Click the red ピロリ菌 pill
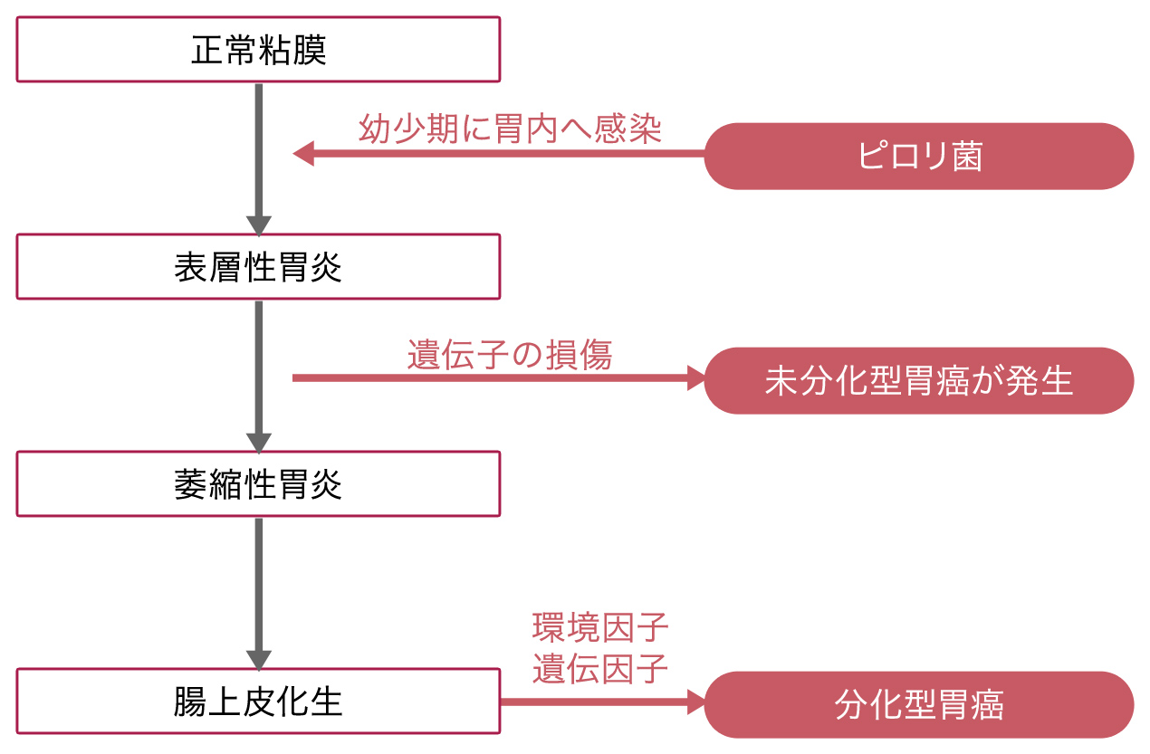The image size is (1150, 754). pyautogui.click(x=919, y=156)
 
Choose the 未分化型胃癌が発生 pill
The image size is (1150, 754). pyautogui.click(x=919, y=381)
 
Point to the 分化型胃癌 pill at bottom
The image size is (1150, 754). pyautogui.click(x=919, y=705)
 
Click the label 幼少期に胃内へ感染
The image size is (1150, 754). pyautogui.click(x=510, y=129)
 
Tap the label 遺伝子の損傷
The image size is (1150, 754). pyautogui.click(x=510, y=355)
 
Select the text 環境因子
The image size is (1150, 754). pyautogui.click(x=600, y=627)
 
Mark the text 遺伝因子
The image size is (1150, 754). pyautogui.click(x=600, y=668)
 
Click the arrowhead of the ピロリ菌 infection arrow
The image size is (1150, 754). pyautogui.click(x=303, y=154)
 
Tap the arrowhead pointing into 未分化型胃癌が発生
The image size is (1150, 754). pyautogui.click(x=696, y=378)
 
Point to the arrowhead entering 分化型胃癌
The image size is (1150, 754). pyautogui.click(x=696, y=702)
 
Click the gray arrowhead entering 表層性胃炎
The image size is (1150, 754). pyautogui.click(x=259, y=226)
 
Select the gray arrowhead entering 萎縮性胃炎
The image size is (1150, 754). pyautogui.click(x=259, y=443)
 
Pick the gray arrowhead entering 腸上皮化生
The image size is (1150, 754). pyautogui.click(x=259, y=660)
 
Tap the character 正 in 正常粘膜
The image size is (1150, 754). pyautogui.click(x=207, y=50)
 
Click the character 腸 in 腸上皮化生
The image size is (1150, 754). pyautogui.click(x=190, y=702)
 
